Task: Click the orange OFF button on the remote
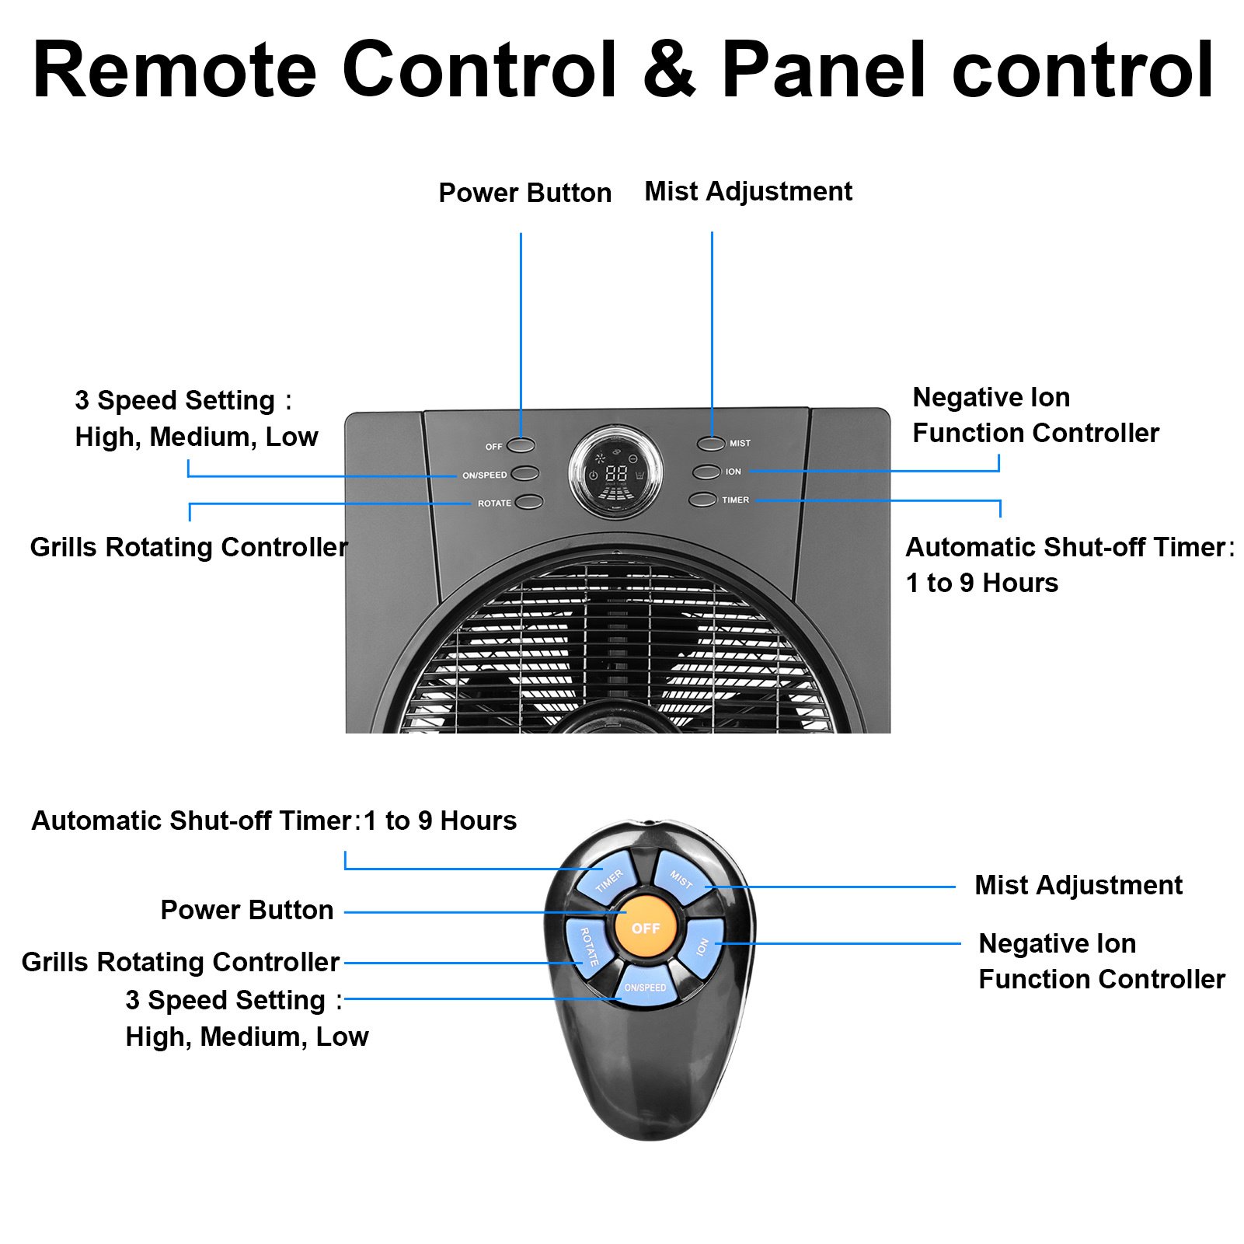pos(646,928)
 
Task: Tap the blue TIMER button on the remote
pos(607,879)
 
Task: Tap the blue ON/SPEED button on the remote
pos(645,986)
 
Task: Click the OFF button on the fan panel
pos(521,446)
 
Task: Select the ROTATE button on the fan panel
pos(529,502)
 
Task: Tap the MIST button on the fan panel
pos(710,443)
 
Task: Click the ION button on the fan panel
pos(706,472)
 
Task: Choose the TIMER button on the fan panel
pos(702,500)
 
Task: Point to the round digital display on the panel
pos(616,472)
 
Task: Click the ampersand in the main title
pos(670,70)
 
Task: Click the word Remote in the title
pos(175,70)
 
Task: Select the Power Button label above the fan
pos(525,193)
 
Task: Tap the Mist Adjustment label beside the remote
pos(1078,885)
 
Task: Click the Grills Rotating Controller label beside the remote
pos(181,962)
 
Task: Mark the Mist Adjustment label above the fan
pos(748,191)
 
